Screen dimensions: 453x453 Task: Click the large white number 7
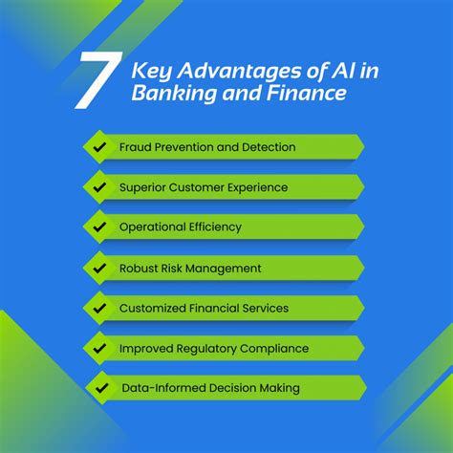pos(98,80)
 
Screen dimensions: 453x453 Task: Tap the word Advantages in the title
pos(239,72)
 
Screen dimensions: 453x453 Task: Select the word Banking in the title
pos(174,94)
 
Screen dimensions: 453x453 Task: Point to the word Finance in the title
pos(307,93)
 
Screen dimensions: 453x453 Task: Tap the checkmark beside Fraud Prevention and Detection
pos(99,147)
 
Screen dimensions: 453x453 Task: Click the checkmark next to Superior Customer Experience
pos(99,187)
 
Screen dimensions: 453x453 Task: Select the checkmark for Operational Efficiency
pos(99,226)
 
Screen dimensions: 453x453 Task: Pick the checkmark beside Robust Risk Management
pos(99,269)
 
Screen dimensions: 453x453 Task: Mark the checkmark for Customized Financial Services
pos(99,308)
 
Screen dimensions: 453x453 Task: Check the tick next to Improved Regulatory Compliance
pos(99,348)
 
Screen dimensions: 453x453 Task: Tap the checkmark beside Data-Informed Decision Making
pos(102,388)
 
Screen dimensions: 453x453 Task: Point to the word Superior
pos(142,188)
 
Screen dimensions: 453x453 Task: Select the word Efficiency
pos(215,227)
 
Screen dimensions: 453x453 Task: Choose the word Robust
pos(139,269)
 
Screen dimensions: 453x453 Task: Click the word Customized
pos(152,308)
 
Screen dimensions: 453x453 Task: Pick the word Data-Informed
pos(164,388)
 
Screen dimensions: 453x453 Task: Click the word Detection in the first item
pos(269,147)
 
